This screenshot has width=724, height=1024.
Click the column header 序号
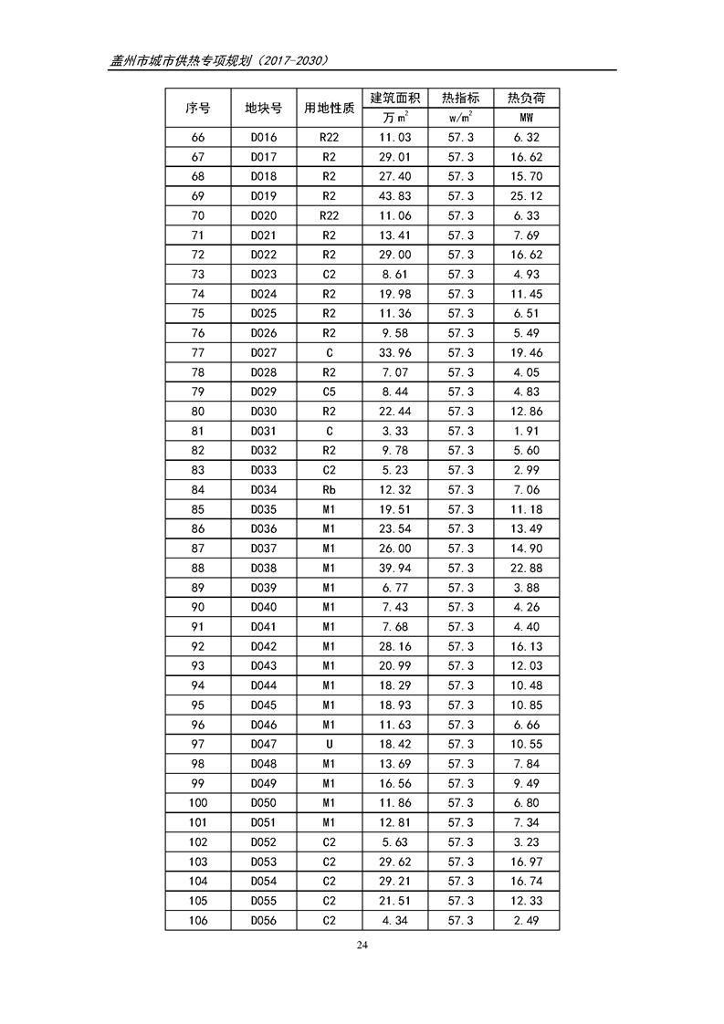[198, 108]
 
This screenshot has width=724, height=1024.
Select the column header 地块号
[264, 108]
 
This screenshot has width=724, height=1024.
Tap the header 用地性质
[330, 108]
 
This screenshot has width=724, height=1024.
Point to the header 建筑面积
[395, 98]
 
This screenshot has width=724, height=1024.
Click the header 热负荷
[527, 98]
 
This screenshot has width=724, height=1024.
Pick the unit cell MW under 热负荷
[527, 119]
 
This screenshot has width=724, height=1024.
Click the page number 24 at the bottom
[362, 945]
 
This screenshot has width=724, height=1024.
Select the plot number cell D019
[264, 196]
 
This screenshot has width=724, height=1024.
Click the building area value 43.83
[395, 196]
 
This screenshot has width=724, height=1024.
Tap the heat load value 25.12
[527, 196]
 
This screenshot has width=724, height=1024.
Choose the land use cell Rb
[330, 490]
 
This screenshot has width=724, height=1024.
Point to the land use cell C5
[330, 392]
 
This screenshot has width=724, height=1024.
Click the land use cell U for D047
[330, 745]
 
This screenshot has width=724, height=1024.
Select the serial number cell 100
[198, 803]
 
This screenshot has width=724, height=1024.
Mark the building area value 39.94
[395, 569]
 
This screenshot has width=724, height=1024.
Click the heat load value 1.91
[527, 432]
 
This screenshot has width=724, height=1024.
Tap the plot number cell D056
[264, 921]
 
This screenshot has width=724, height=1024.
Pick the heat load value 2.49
[527, 921]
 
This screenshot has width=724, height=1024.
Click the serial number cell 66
[198, 138]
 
